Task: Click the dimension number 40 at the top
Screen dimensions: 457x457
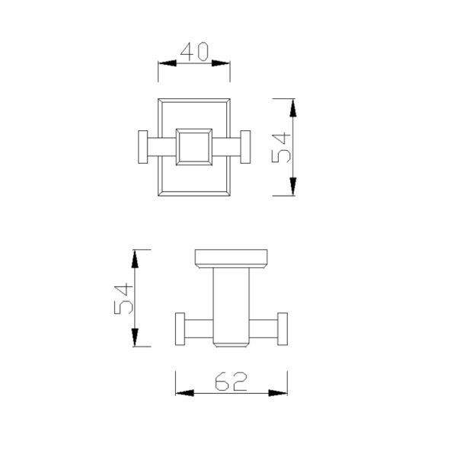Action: pos(194,53)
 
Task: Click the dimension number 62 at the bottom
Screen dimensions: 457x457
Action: pos(230,381)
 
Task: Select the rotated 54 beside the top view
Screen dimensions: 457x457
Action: pos(283,147)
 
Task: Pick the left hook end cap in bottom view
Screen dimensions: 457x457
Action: pos(181,329)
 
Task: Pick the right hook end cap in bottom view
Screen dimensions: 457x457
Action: pos(283,329)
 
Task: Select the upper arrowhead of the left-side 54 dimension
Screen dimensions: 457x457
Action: pos(136,257)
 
